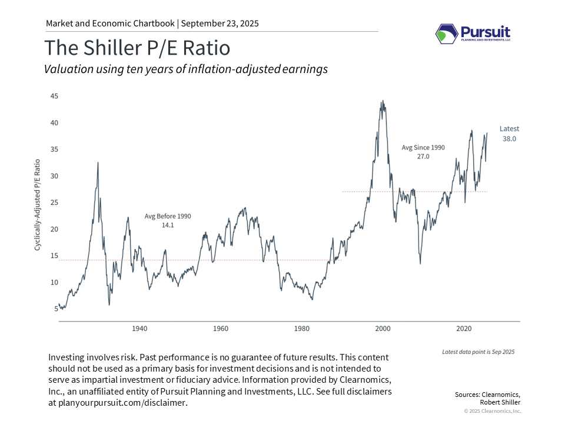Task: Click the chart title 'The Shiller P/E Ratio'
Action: coord(137,48)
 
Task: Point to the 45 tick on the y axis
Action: coord(54,96)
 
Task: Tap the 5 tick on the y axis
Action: coord(56,309)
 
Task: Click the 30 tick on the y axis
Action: coord(54,176)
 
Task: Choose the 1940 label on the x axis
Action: coord(139,328)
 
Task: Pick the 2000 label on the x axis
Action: coord(383,328)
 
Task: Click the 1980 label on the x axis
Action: coord(302,328)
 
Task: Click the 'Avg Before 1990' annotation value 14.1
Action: coord(168,225)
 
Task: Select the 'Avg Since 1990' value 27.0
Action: coord(423,157)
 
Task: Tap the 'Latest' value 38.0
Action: coord(510,138)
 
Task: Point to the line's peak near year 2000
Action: coord(383,101)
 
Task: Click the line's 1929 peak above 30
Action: coord(98,162)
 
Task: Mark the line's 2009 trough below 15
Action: coord(420,263)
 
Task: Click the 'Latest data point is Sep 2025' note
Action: coord(478,352)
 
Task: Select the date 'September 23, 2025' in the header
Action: coord(220,24)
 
